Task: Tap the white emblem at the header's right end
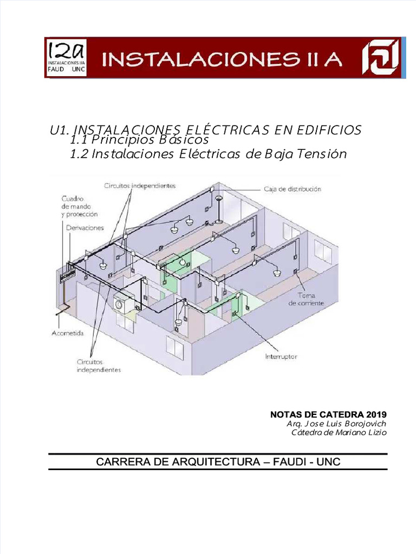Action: pyautogui.click(x=382, y=57)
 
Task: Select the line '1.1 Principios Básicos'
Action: pyautogui.click(x=139, y=140)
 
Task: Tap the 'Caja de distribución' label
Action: pyautogui.click(x=292, y=189)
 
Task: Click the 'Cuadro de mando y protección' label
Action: pyautogui.click(x=79, y=206)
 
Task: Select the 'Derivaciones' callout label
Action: pyautogui.click(x=84, y=228)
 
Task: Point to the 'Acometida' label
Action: pyautogui.click(x=68, y=334)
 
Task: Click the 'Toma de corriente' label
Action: pyautogui.click(x=307, y=299)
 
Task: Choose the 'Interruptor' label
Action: pyautogui.click(x=281, y=357)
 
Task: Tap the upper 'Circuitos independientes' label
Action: pyautogui.click(x=140, y=186)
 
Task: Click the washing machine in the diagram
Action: pyautogui.click(x=123, y=304)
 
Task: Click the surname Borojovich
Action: pyautogui.click(x=363, y=424)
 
